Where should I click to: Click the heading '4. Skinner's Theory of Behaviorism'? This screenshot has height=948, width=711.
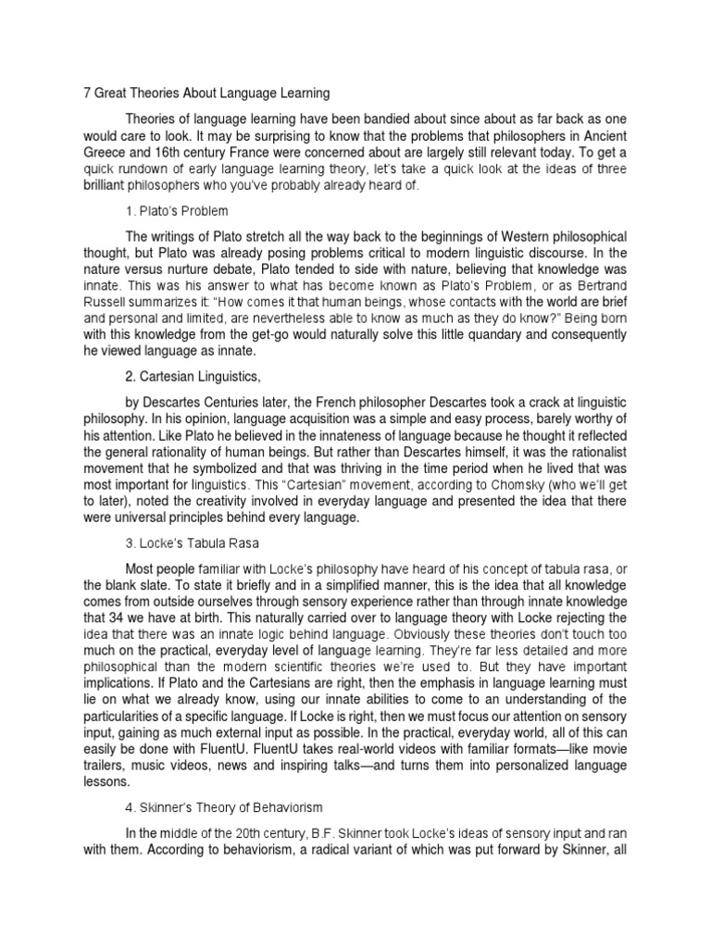[222, 807]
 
